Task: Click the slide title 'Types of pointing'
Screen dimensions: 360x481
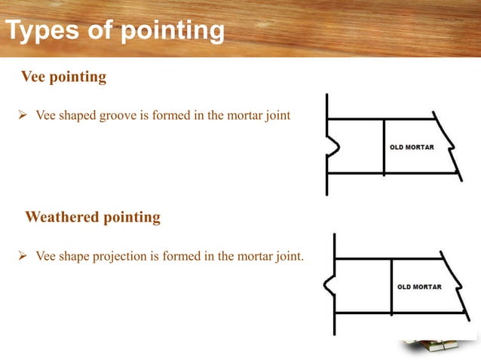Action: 115,32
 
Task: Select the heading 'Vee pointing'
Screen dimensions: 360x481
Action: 63,77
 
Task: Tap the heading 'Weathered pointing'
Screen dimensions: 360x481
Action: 93,218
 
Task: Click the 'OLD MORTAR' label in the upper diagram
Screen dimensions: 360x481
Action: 412,147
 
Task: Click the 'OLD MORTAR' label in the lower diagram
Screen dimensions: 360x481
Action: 419,287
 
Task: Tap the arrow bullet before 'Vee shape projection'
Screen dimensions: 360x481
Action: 22,257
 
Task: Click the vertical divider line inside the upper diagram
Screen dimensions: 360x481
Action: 384,147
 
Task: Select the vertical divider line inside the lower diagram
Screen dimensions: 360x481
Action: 391,286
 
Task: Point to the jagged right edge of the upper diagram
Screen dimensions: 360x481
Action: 450,146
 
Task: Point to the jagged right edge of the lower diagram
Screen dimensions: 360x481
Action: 458,285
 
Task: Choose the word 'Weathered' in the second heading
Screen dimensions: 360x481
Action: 63,218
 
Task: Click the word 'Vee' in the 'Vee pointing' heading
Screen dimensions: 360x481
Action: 34,77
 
